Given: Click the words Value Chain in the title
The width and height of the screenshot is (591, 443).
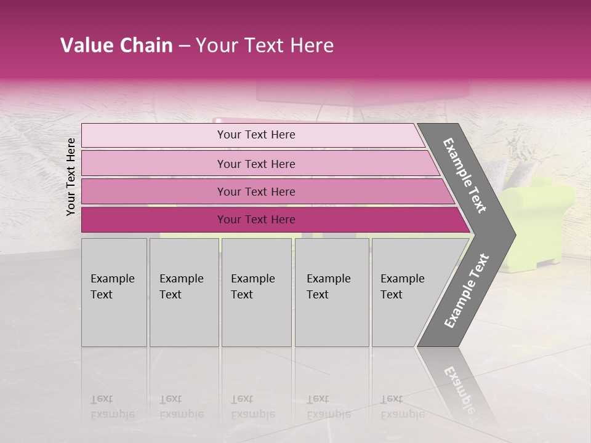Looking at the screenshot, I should click(x=116, y=46).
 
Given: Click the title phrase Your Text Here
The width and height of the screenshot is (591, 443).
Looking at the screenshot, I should click(x=265, y=46).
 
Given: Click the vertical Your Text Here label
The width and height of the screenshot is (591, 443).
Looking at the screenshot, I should click(x=71, y=177).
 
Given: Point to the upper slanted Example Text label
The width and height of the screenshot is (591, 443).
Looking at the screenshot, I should click(x=465, y=175).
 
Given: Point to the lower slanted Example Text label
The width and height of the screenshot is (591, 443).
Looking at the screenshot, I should click(x=466, y=291).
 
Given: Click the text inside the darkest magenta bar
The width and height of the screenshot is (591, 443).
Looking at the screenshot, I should click(x=256, y=220).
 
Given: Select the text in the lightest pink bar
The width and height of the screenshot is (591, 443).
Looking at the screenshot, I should click(x=256, y=135).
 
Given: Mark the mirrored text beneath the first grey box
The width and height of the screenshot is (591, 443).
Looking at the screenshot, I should click(x=112, y=407).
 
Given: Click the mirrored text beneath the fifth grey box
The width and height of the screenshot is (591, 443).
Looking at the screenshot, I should click(x=402, y=407).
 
